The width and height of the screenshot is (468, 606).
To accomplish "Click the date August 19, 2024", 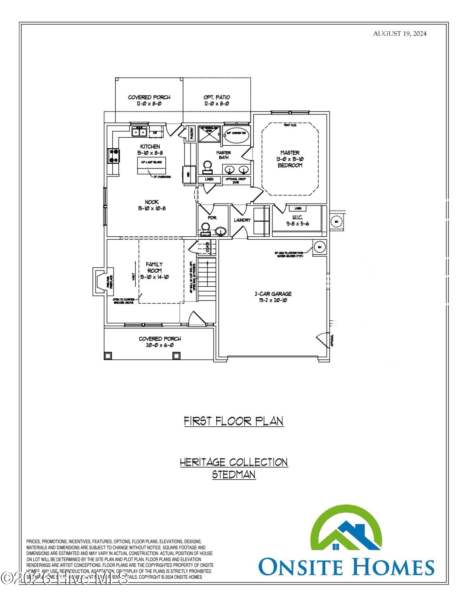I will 400,34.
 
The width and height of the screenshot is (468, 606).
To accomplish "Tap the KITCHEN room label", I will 150,147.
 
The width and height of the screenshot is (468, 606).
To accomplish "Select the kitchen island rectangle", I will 152,165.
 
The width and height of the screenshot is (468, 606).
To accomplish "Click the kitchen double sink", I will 139,132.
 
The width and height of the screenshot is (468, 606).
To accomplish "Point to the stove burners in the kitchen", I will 114,155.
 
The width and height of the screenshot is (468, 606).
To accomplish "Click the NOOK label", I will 151,202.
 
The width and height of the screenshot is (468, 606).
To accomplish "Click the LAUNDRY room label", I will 242,220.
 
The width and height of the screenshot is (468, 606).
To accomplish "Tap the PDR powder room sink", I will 221,232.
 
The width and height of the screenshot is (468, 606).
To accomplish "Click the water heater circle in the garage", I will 319,247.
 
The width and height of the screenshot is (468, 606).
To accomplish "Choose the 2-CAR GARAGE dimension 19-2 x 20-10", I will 273,300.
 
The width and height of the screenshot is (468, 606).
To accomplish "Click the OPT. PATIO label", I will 217,97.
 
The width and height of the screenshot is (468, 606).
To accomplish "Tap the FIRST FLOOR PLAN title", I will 234,421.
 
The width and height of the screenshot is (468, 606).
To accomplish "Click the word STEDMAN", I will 234,474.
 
